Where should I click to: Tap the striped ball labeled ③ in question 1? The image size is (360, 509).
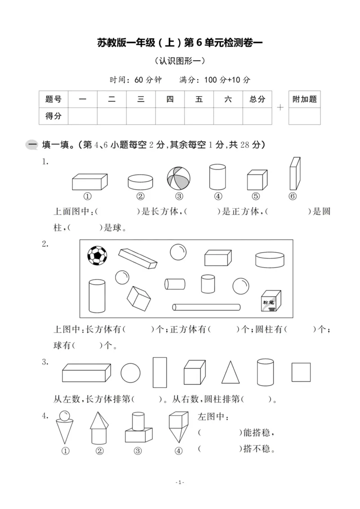pos(179,178)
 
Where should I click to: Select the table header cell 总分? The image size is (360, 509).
pos(257,99)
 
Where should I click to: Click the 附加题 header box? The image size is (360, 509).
pos(305,99)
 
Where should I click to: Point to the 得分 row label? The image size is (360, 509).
pos(53,116)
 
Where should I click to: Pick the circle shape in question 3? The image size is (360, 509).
pos(130,373)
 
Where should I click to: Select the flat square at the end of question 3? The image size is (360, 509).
pos(301,372)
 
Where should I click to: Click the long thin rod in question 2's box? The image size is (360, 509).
pos(206,307)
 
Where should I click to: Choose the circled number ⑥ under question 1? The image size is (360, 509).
pos(293,196)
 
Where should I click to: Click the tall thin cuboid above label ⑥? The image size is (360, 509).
pos(295,174)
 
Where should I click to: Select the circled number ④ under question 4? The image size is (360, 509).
pos(179,451)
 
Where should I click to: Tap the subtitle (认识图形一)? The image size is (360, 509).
pos(180,61)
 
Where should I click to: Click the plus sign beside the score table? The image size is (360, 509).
pos(280,107)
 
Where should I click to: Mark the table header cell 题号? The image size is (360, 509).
pos(53,99)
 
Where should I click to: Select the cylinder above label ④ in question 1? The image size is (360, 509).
pos(217,177)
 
